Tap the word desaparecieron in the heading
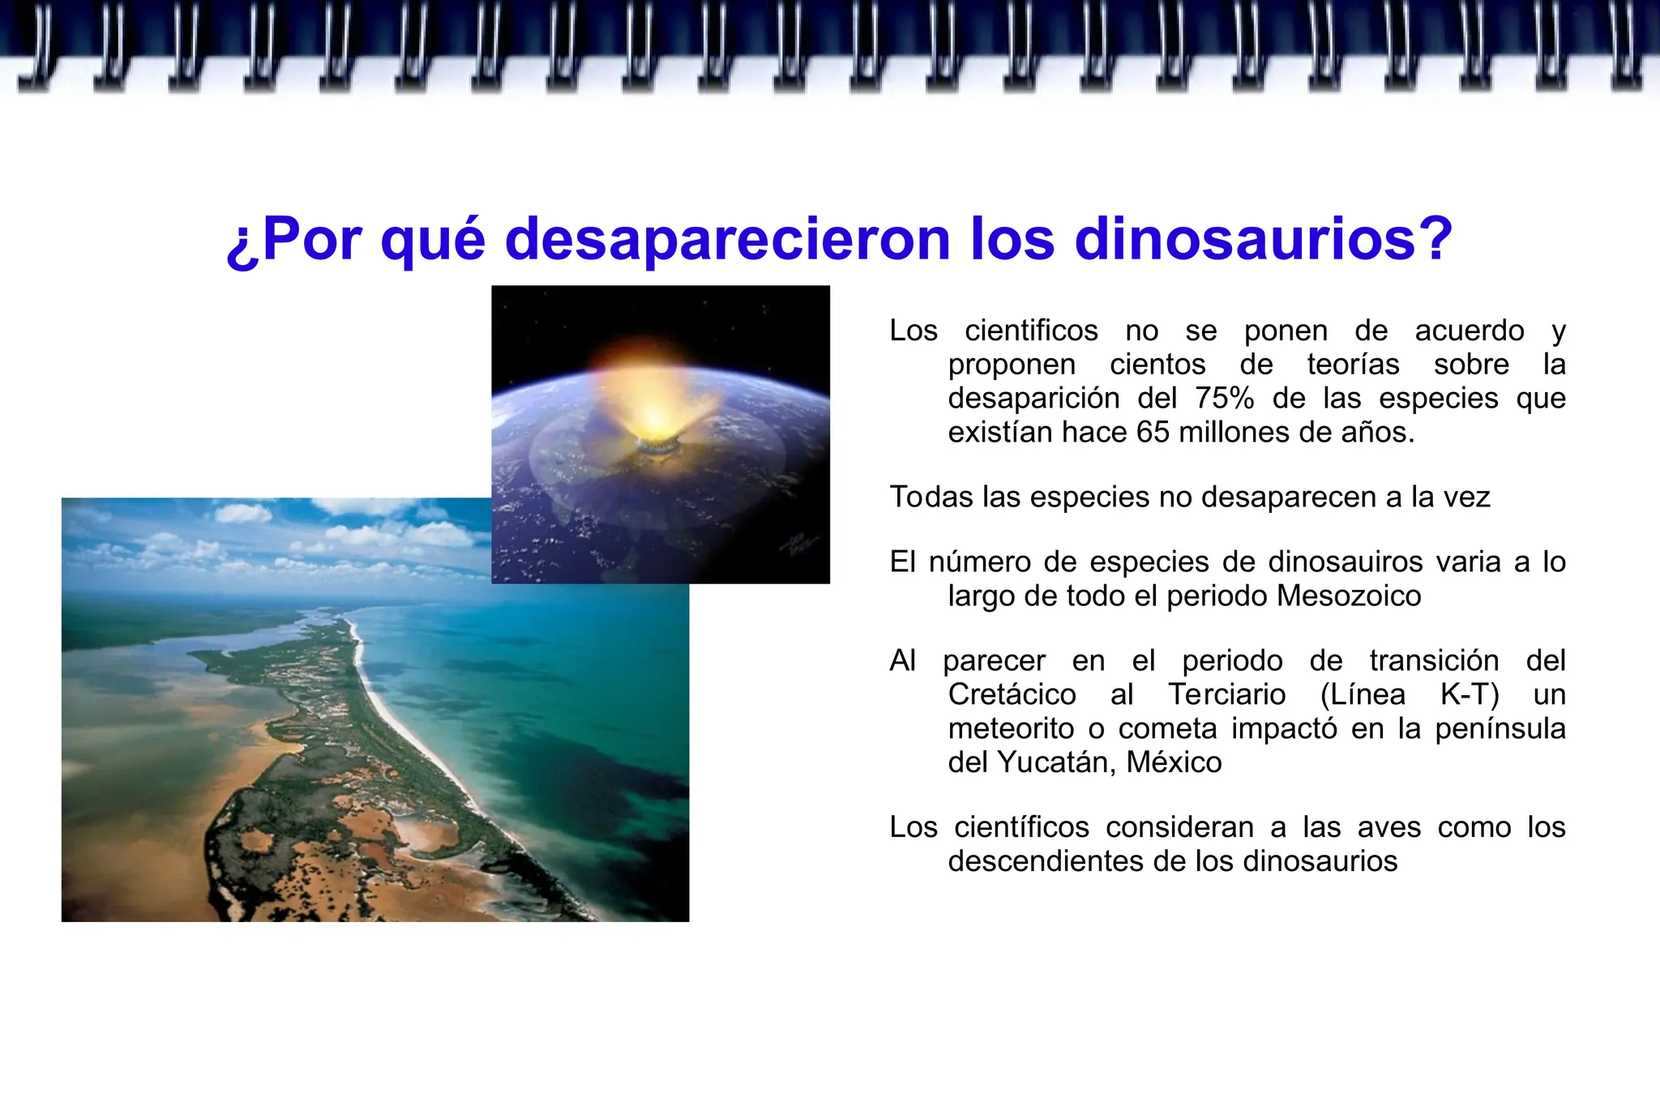click(727, 239)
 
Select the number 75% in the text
click(1224, 399)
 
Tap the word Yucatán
click(1052, 762)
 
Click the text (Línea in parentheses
click(1363, 695)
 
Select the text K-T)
click(1470, 695)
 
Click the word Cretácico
click(1012, 695)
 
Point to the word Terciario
click(1226, 695)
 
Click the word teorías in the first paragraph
click(1353, 365)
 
